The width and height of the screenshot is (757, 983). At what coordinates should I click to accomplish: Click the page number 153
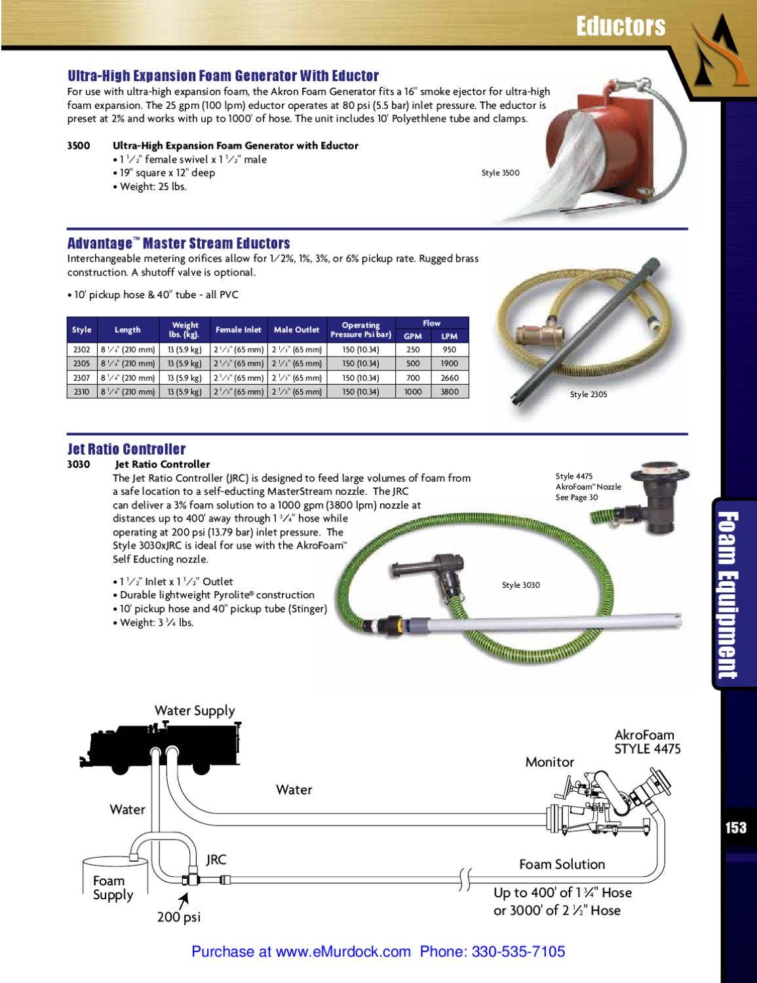click(x=735, y=828)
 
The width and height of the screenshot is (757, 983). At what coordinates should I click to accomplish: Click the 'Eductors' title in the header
click(x=620, y=26)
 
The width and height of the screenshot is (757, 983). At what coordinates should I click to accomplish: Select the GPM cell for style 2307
click(x=413, y=377)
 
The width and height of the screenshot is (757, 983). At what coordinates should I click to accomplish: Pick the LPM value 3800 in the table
click(x=450, y=392)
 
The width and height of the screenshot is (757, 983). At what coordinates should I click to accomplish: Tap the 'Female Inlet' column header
click(x=238, y=330)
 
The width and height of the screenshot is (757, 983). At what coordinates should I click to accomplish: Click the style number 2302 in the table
click(x=81, y=349)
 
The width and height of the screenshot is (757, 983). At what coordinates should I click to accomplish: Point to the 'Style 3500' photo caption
click(x=500, y=173)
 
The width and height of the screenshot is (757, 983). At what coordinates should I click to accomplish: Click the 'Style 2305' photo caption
click(x=588, y=395)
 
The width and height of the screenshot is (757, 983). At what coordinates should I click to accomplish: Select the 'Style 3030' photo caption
click(x=520, y=585)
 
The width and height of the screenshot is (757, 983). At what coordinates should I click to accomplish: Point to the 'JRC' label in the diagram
click(x=216, y=859)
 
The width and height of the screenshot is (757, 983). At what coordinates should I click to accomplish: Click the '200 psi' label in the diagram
click(x=178, y=917)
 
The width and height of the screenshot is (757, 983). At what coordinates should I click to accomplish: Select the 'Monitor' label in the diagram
click(x=549, y=762)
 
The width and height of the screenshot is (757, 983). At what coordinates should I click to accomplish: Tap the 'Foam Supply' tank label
click(x=112, y=888)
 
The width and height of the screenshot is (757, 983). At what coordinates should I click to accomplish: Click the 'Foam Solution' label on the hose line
click(x=562, y=864)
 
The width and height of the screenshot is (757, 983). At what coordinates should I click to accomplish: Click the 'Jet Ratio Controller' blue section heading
click(x=126, y=449)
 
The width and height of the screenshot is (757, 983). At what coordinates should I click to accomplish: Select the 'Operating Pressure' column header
click(x=360, y=330)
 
